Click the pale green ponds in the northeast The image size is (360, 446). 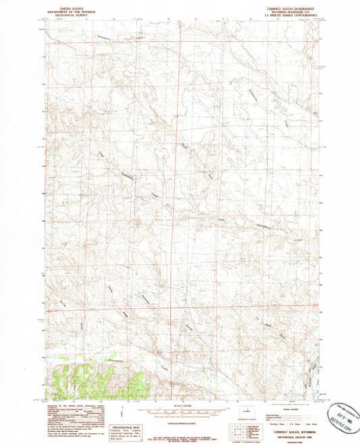click(277, 104)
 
